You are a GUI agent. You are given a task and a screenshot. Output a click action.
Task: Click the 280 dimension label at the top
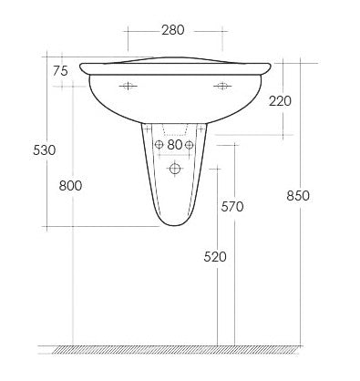tap(173, 30)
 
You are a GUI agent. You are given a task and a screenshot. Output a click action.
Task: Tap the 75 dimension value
tap(60, 71)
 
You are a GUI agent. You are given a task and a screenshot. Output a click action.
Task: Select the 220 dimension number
tap(280, 101)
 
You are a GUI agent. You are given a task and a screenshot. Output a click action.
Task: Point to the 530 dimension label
tap(45, 150)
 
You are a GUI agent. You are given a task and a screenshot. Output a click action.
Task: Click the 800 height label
tap(70, 186)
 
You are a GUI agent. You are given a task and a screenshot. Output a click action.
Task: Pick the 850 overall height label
tap(298, 196)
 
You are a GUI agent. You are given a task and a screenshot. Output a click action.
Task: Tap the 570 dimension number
tap(232, 207)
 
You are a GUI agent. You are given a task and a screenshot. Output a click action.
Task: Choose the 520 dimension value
tap(215, 257)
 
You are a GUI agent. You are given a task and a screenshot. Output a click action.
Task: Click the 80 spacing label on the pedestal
tap(174, 145)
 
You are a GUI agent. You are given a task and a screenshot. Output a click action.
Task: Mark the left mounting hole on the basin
tap(128, 86)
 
